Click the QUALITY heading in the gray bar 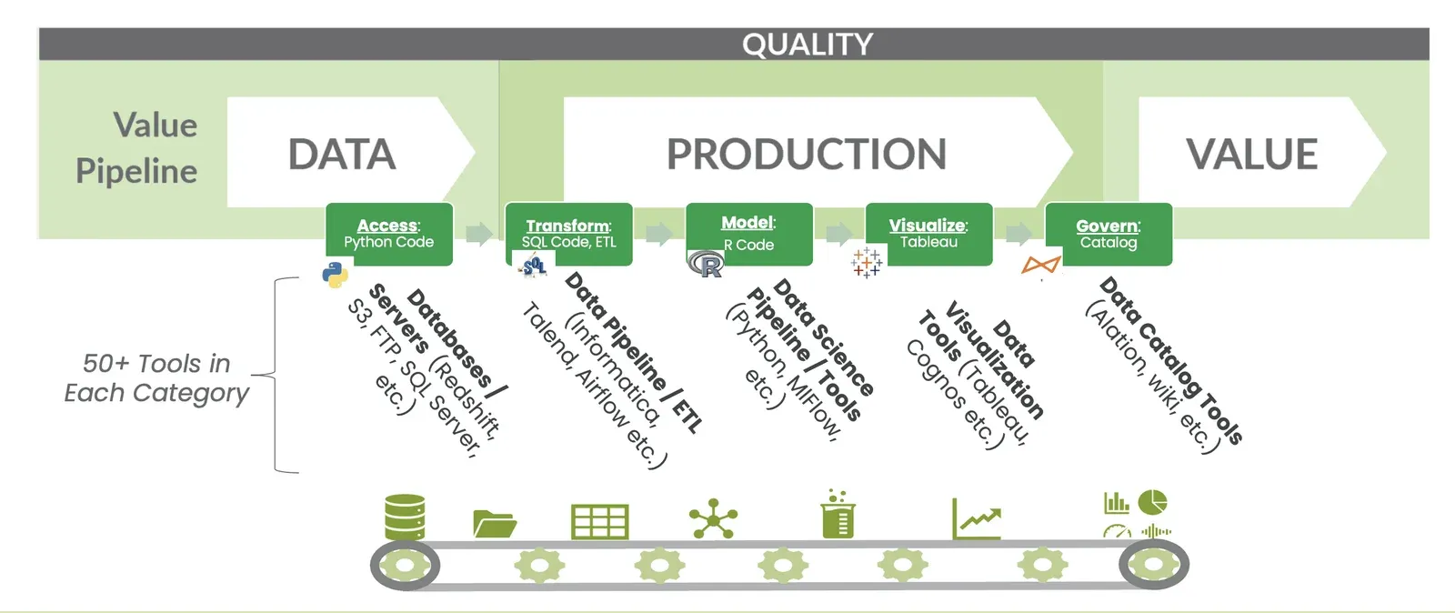click(807, 45)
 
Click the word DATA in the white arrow click(342, 154)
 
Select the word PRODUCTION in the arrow click(807, 154)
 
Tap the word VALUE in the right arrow click(1251, 154)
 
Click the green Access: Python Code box click(389, 234)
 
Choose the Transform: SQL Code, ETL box click(568, 234)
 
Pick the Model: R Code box click(748, 233)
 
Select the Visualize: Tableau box click(928, 234)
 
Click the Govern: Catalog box click(1108, 234)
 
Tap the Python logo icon click(336, 275)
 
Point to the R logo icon click(707, 265)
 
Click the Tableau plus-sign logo click(867, 263)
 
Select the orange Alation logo click(1041, 265)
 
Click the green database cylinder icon click(405, 518)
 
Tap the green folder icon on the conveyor click(495, 524)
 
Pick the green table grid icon click(599, 522)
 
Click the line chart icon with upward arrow click(977, 518)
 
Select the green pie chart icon click(1153, 501)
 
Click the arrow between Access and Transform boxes click(478, 234)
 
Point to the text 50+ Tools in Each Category click(156, 377)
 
